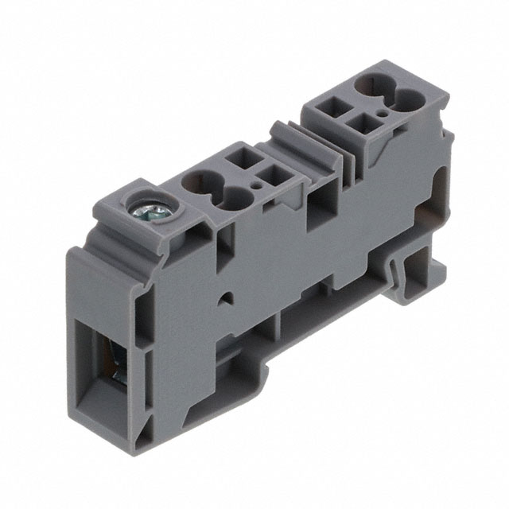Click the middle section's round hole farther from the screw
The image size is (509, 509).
point(229,196)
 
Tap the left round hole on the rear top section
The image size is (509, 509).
point(371,84)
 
